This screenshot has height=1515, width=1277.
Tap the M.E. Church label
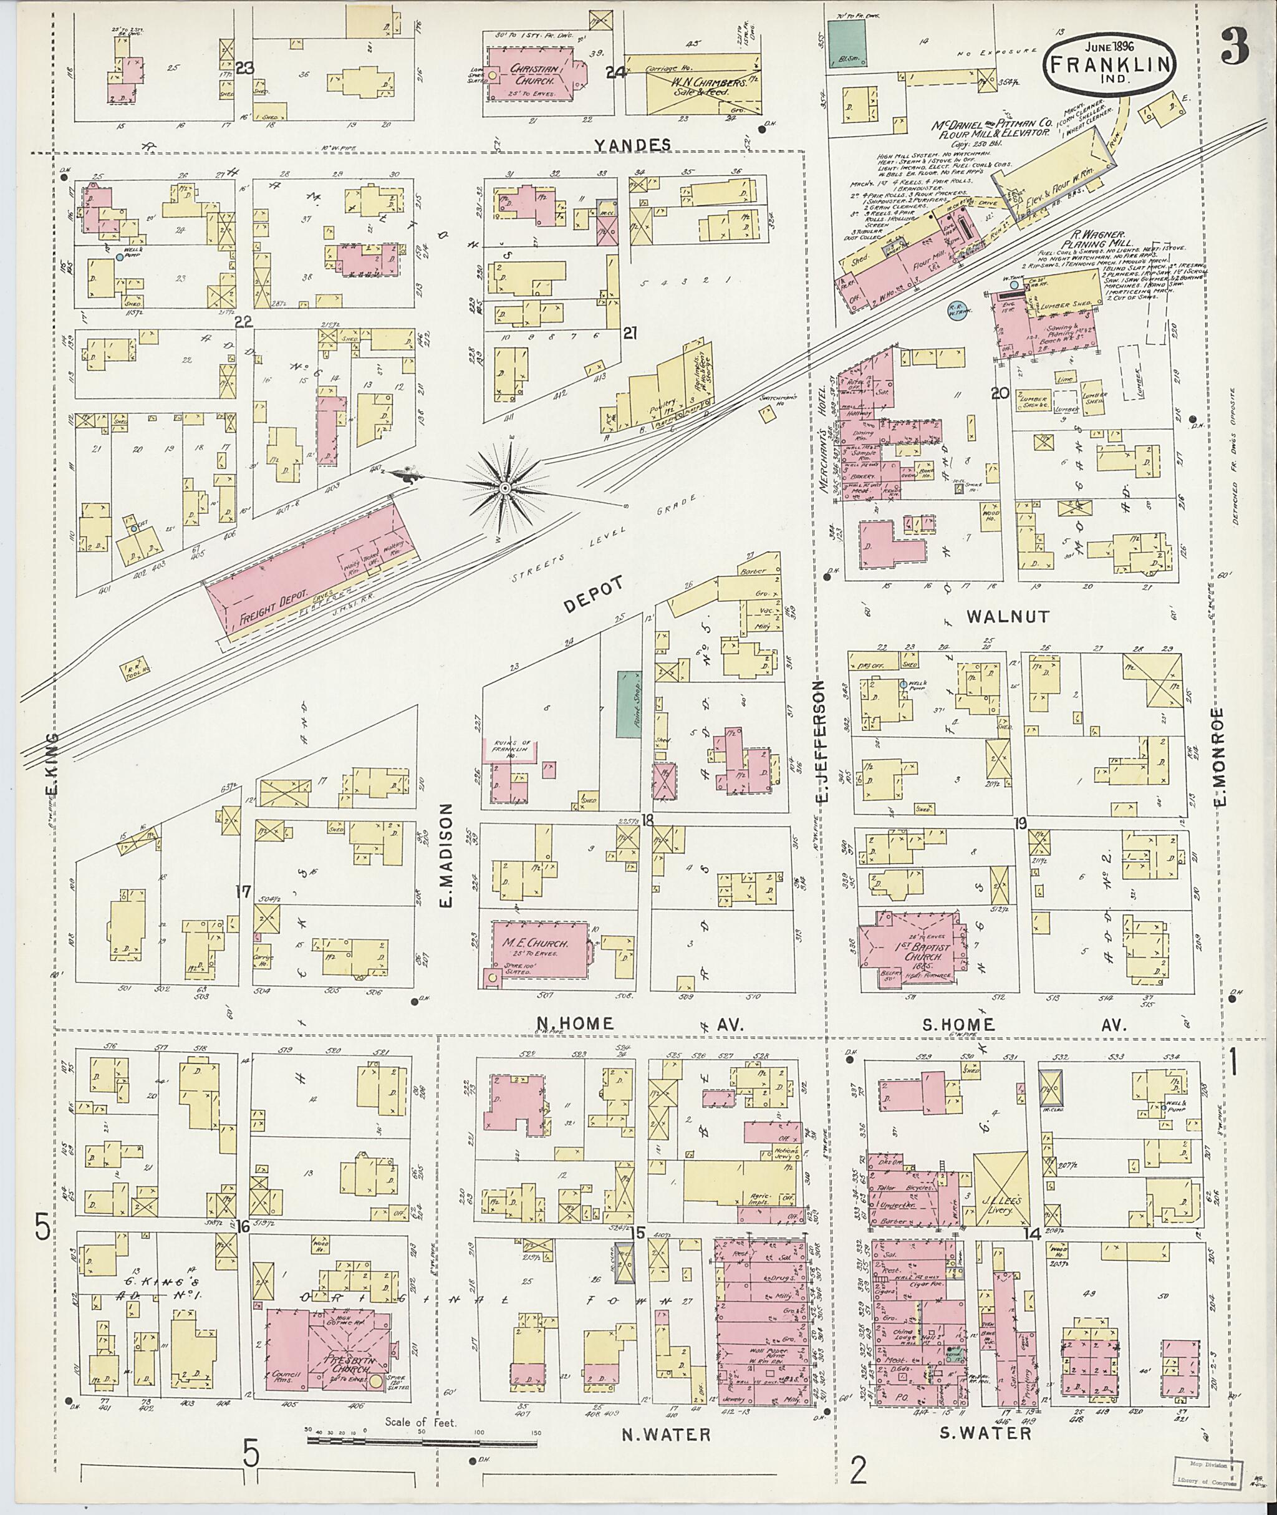(x=534, y=944)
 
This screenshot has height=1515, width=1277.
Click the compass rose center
(x=505, y=490)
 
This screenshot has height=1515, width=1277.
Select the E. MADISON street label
(x=446, y=854)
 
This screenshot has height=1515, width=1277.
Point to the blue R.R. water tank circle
(x=960, y=309)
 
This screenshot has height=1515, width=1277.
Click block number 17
(x=243, y=891)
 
